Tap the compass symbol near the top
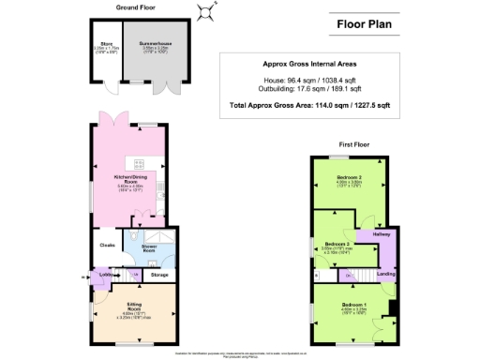(205, 11)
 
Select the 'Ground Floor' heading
(135, 7)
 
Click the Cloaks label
(106, 247)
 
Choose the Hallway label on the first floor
(382, 233)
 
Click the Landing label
(384, 274)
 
